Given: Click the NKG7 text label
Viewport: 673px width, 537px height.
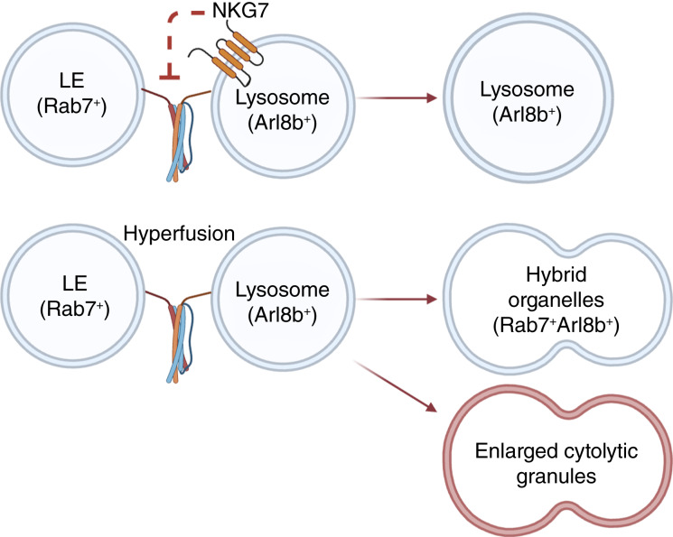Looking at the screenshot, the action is (240, 10).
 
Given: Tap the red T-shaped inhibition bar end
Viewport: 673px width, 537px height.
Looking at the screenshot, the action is (170, 78).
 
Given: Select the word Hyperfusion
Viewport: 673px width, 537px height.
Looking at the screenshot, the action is (179, 234).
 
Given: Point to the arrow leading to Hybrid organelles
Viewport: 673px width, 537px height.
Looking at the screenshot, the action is (397, 299).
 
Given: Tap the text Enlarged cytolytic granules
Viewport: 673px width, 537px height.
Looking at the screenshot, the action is (556, 464).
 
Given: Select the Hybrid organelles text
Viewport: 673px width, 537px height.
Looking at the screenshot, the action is (556, 287).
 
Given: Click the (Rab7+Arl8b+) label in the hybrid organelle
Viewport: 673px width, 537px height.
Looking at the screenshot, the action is (556, 326).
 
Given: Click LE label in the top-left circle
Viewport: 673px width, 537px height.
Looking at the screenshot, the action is (71, 80).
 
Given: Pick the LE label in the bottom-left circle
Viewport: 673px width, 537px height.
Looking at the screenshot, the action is (75, 283).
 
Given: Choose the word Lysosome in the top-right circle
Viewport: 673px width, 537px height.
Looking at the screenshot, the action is (527, 89).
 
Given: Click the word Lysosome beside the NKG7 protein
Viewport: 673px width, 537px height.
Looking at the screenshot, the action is (283, 97).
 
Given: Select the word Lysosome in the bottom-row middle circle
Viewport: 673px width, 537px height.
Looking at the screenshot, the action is (283, 290).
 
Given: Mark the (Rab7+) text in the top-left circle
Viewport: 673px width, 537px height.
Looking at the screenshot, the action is (71, 106).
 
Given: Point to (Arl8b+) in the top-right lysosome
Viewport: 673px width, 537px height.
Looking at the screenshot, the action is (527, 115).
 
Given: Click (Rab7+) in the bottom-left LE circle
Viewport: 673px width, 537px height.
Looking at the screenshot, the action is (75, 309).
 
